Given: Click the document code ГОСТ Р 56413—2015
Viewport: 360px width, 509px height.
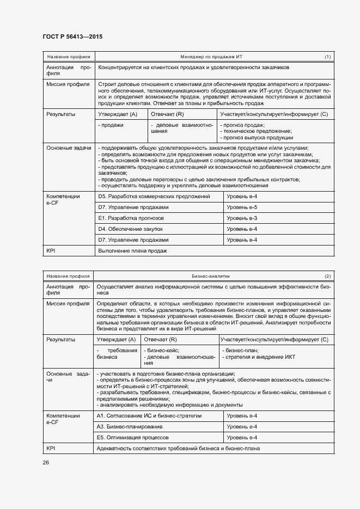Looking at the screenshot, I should [x=72, y=36].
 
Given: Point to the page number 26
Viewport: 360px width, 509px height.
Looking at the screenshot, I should [x=46, y=462].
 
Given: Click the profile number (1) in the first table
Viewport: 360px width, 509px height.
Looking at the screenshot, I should [x=327, y=57].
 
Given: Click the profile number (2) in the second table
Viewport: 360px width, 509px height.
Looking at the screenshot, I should [x=327, y=276].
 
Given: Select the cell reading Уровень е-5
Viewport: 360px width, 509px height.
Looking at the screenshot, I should [x=242, y=207].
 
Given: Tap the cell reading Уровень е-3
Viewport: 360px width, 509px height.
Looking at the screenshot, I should [x=242, y=218].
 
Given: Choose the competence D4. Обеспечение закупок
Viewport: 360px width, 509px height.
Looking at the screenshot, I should [x=131, y=229].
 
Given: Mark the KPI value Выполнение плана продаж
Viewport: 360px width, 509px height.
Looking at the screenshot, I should [x=132, y=251].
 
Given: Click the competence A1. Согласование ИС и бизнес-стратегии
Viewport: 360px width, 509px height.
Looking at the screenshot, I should [x=149, y=415].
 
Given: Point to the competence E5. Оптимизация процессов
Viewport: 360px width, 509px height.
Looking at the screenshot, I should [x=132, y=437].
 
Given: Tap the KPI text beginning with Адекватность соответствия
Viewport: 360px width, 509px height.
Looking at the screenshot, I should [x=178, y=448].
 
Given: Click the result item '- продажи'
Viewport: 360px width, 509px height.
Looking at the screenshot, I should [x=111, y=125].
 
